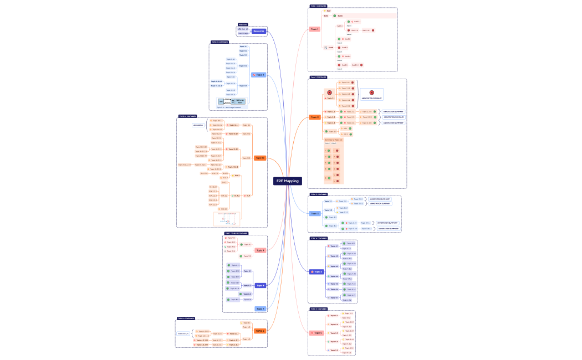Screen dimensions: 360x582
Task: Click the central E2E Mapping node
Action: point(288,181)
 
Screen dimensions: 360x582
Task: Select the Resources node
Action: point(259,31)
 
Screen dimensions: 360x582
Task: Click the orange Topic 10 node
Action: point(259,158)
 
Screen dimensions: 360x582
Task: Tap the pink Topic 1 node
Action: point(314,29)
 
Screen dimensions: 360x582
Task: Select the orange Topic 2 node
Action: point(314,117)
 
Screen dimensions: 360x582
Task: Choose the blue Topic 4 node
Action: point(316,272)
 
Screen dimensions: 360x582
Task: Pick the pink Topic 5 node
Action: point(316,333)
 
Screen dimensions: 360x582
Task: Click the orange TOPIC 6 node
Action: point(260,331)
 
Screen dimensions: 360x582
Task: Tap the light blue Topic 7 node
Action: point(260,308)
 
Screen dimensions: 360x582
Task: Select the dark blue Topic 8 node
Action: point(260,285)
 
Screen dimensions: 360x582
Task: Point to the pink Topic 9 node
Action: point(260,250)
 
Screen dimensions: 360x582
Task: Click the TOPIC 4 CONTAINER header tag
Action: point(319,238)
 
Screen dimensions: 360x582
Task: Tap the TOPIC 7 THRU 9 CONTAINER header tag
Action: point(237,233)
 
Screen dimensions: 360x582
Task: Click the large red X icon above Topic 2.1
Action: point(329,92)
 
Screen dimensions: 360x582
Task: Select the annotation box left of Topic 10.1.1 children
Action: point(198,125)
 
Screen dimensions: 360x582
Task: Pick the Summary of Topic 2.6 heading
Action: point(334,140)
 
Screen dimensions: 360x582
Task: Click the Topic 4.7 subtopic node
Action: point(333,297)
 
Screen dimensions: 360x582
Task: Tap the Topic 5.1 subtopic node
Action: point(333,316)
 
